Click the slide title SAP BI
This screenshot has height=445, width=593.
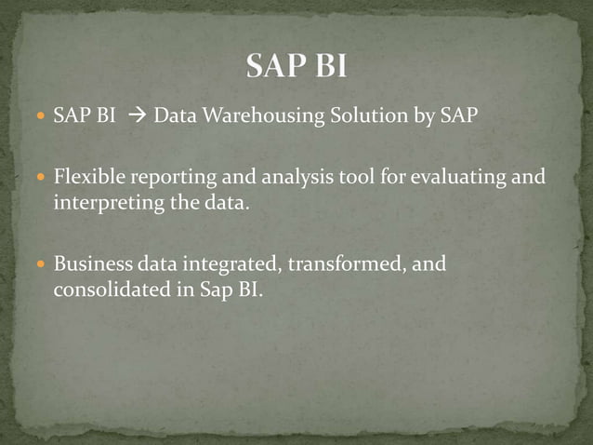[x=296, y=67]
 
